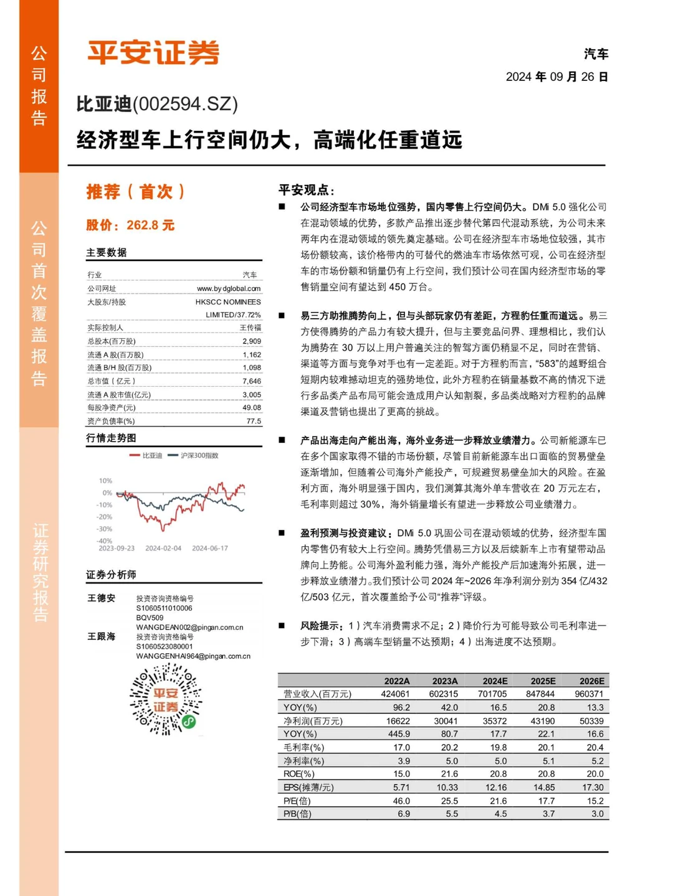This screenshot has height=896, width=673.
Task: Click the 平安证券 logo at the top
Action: point(153,52)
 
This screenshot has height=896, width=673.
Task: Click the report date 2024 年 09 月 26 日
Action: point(556,77)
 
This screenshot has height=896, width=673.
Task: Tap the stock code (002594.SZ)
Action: point(185,103)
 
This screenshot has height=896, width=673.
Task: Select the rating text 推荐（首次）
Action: point(136,191)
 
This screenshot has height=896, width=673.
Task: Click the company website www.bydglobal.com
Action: point(229,288)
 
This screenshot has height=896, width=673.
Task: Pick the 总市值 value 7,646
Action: point(252,381)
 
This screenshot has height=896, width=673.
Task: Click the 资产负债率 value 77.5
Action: point(254,422)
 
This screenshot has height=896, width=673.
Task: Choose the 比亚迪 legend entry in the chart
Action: point(146,456)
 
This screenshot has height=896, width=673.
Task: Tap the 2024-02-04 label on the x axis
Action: point(163,549)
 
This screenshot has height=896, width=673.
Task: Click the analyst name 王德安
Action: point(102,598)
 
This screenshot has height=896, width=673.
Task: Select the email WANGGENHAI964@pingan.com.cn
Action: point(193,656)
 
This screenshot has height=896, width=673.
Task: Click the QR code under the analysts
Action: point(166,699)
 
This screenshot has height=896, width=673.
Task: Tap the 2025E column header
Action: point(543,681)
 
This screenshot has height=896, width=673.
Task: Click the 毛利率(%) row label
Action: point(304,747)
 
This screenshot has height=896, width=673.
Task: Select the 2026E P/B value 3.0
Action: point(597,814)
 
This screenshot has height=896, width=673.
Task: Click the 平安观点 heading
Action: point(306,190)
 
